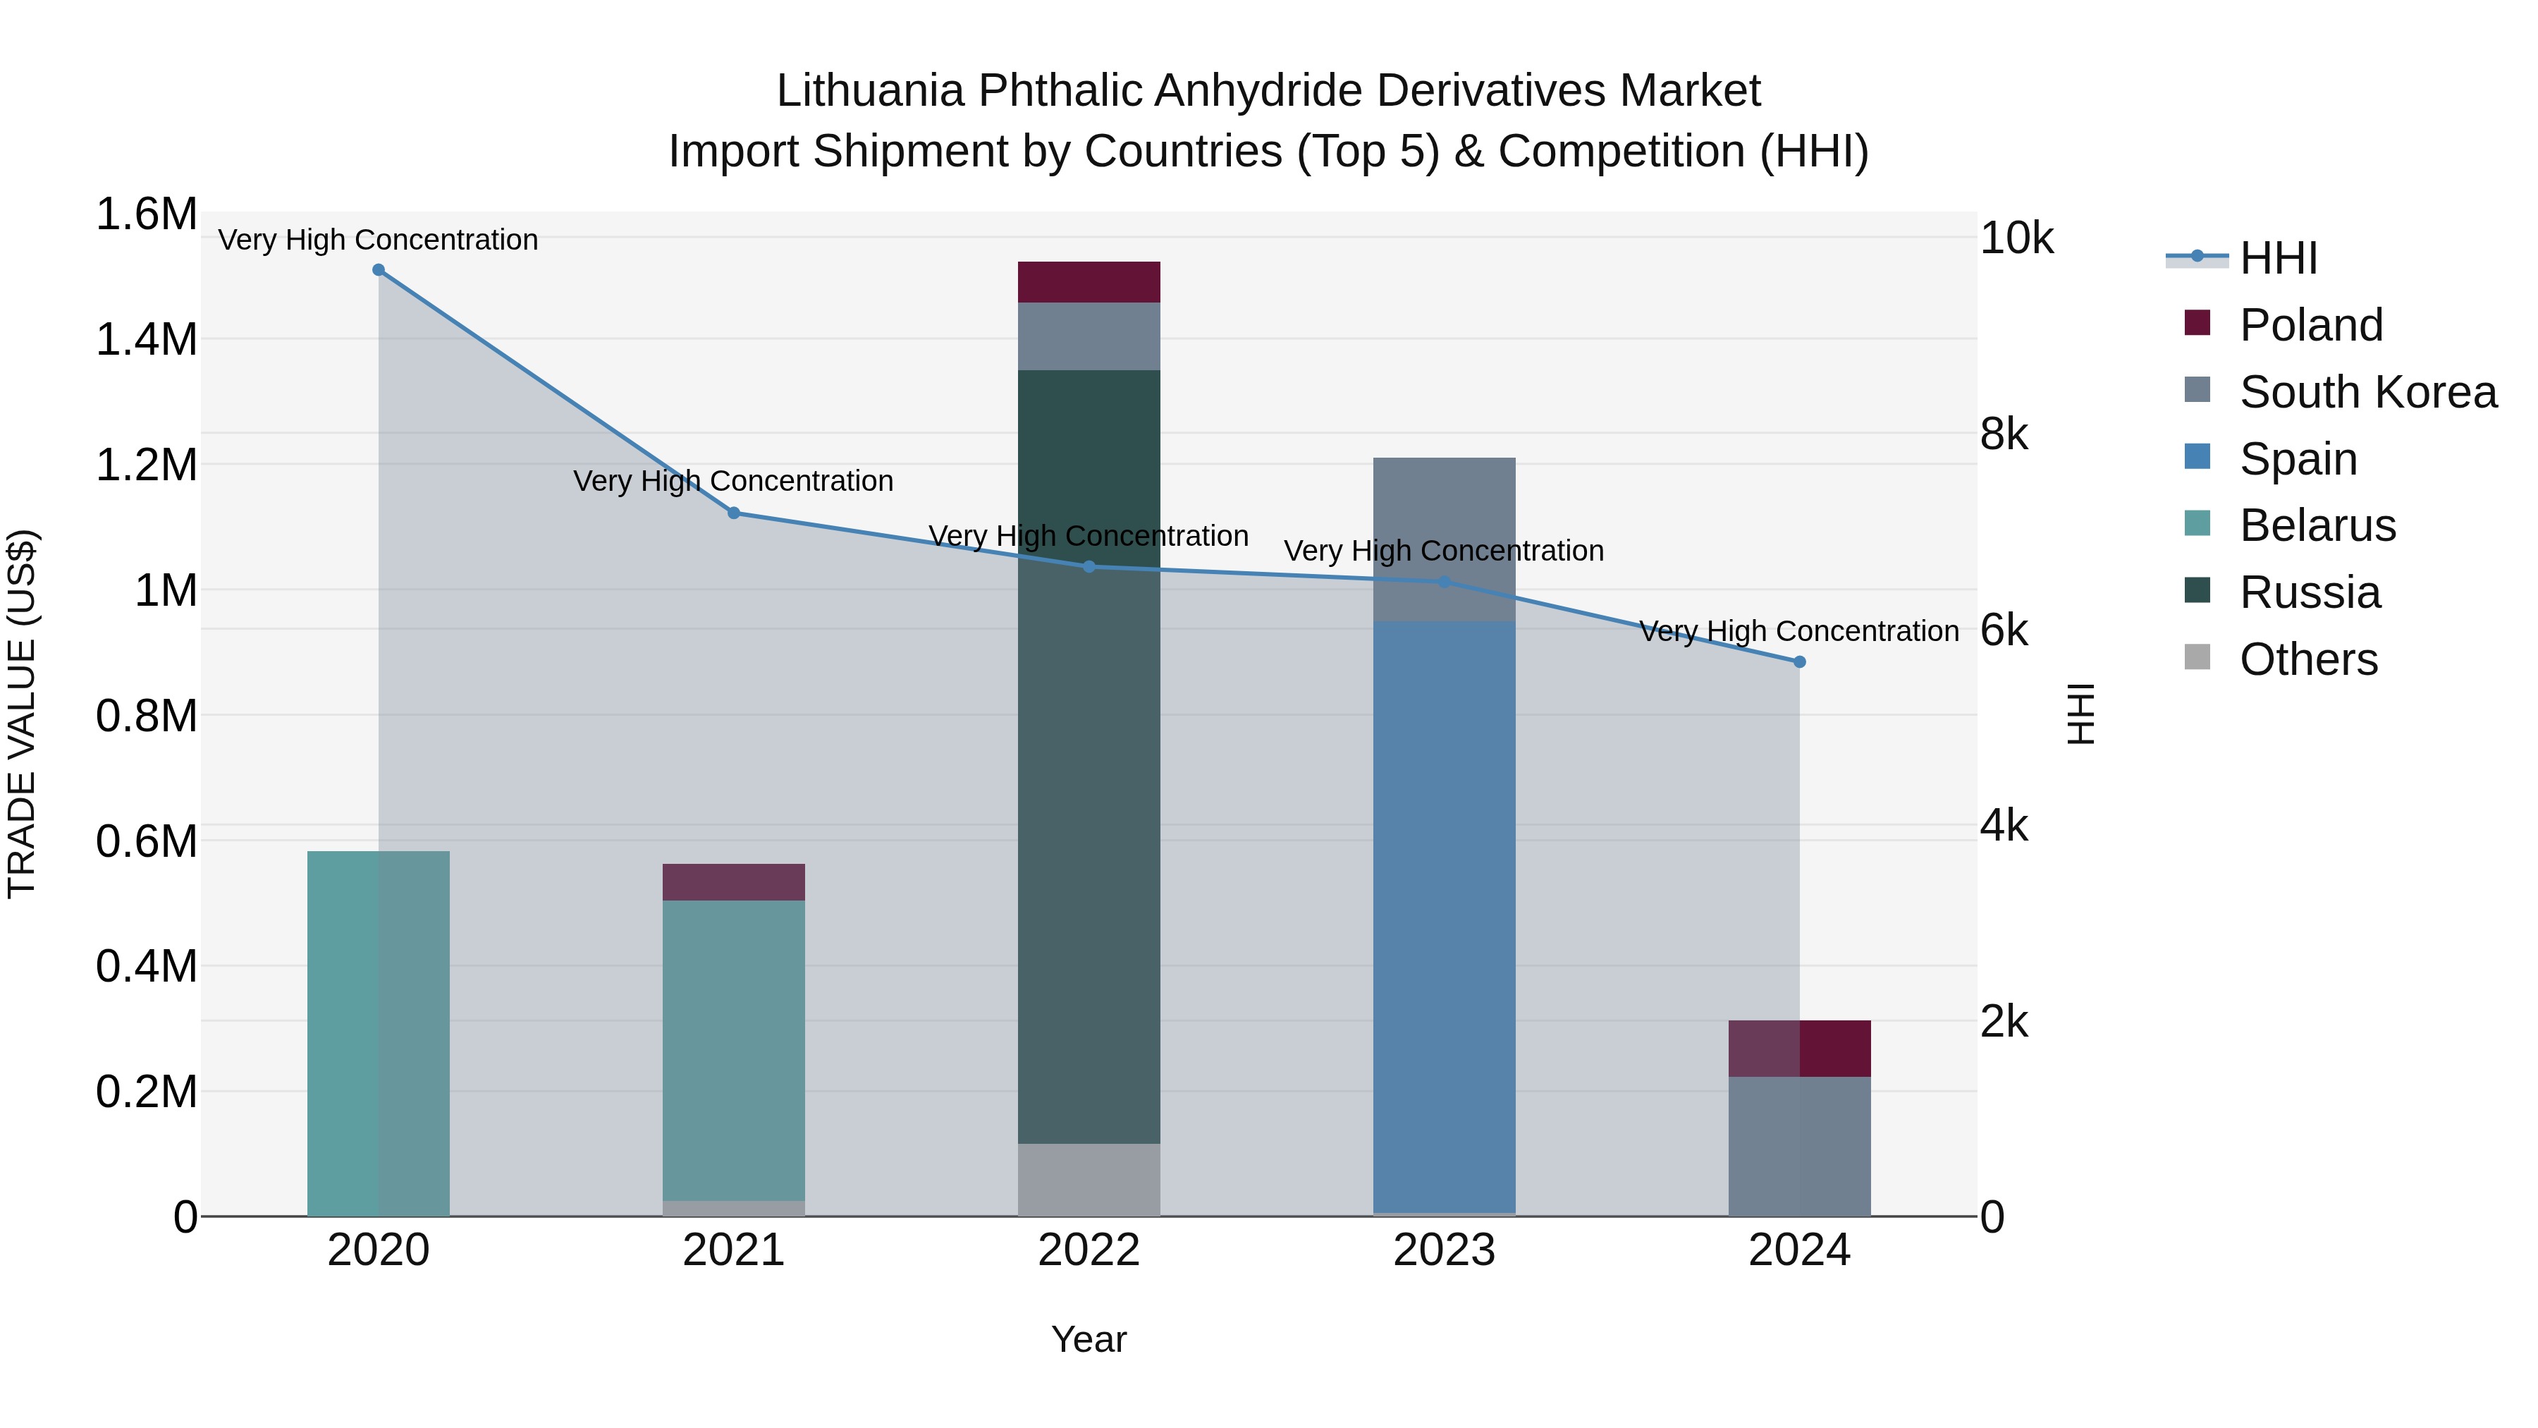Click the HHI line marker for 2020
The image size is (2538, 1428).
point(379,270)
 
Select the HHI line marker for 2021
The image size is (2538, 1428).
point(733,513)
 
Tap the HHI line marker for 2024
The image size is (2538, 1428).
point(1799,662)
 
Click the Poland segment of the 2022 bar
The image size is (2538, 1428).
point(1089,282)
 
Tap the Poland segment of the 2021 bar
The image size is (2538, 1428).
point(733,882)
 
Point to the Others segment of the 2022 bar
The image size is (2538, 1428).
point(1089,1180)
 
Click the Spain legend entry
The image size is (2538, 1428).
point(2298,459)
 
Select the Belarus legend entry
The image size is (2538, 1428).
point(2317,525)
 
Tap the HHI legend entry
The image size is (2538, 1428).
point(2278,258)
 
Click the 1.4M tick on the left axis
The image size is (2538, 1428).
point(146,339)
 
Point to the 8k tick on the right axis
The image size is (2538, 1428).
point(2004,434)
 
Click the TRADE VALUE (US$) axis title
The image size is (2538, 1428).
point(22,714)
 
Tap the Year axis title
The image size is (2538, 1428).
point(1089,1339)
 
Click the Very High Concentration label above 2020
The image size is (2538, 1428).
point(379,240)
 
